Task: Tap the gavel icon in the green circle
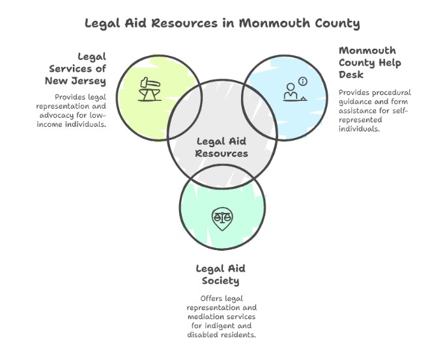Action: tap(151, 88)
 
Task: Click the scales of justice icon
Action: tap(222, 217)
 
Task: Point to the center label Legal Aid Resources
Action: tap(222, 147)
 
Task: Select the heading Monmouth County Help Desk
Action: tap(369, 62)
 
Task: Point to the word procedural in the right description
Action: tap(390, 92)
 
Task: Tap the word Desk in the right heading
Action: tap(352, 75)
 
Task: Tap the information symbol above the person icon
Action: tap(302, 81)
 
